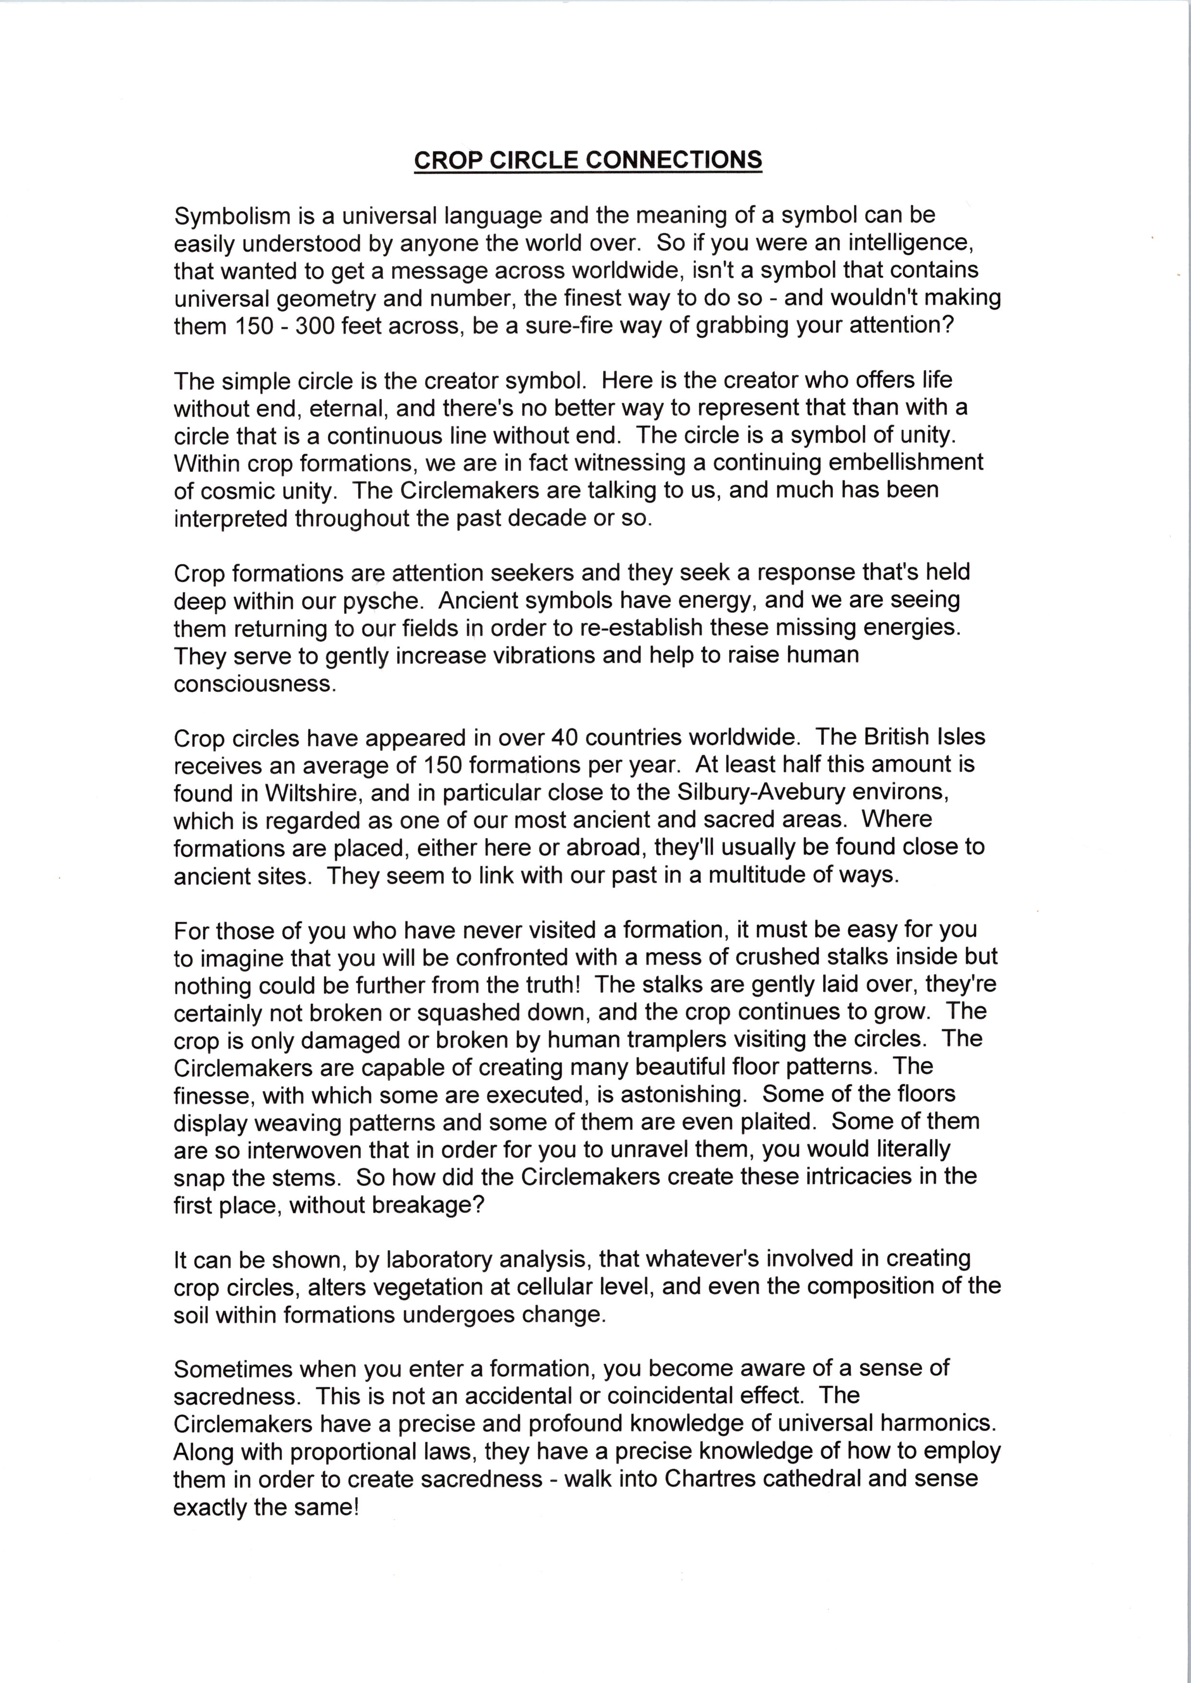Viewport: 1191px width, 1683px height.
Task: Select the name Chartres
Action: [710, 1479]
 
